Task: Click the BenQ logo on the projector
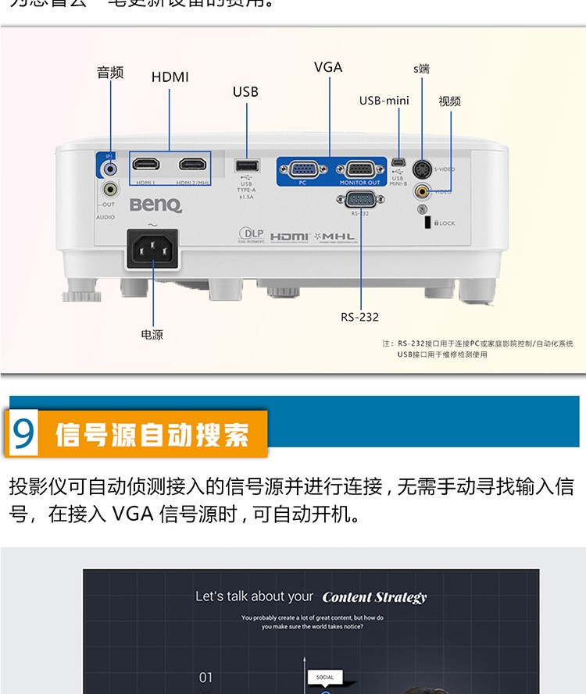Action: point(155,205)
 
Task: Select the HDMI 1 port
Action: point(146,165)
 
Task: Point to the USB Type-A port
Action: point(246,166)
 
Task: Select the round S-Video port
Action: point(423,169)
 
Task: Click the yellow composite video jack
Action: point(423,190)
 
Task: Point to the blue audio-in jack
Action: point(110,167)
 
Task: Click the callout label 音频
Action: point(110,73)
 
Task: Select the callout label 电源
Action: point(152,335)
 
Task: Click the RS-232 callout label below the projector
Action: point(359,317)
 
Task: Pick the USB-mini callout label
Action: point(384,101)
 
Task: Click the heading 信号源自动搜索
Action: point(152,435)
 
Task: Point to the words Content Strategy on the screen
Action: point(374,597)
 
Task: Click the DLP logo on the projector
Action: point(251,234)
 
